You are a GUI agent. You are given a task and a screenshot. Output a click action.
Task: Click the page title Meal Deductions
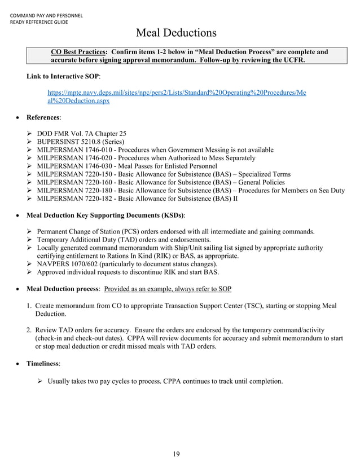(177, 33)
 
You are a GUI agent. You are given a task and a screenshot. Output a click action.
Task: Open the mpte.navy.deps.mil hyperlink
(177, 96)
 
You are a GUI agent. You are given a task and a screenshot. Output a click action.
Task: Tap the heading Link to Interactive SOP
(63, 76)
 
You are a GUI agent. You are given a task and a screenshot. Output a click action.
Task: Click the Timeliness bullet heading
(43, 364)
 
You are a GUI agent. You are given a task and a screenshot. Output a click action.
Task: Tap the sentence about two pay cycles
(165, 381)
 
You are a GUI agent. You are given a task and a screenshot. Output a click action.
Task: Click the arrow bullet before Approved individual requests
(31, 272)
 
